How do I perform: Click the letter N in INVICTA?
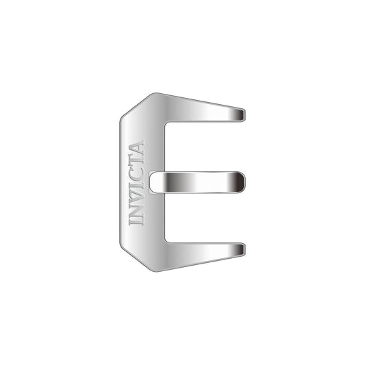pos(136,210)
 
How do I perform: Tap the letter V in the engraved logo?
pos(136,195)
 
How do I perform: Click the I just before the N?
pos(136,221)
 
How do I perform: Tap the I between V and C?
pos(136,184)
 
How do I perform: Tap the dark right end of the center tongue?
pos(238,182)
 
